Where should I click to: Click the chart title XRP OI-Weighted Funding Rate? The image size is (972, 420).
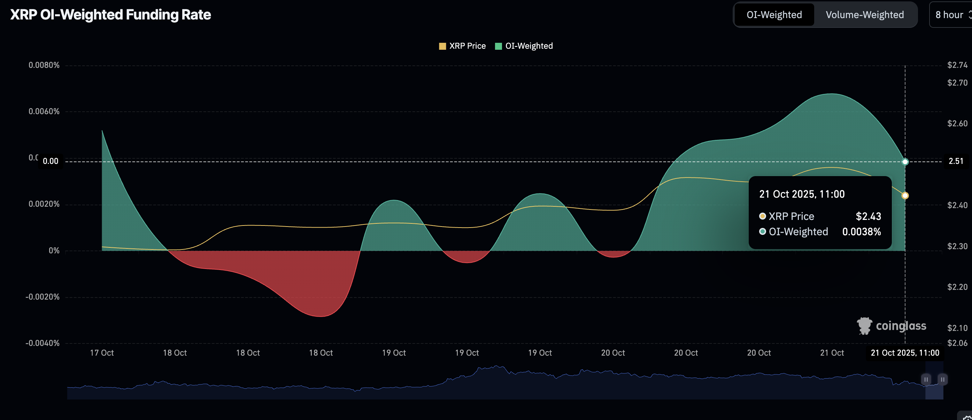[x=110, y=15]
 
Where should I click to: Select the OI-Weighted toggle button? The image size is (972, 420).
[x=774, y=15]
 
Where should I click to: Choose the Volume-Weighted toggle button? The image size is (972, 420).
[x=864, y=15]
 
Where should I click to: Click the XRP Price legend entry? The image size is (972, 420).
[x=462, y=46]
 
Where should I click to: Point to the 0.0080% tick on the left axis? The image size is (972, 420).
[x=44, y=65]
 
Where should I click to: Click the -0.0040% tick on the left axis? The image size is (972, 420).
[x=43, y=343]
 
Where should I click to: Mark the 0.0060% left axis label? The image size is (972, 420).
[x=44, y=112]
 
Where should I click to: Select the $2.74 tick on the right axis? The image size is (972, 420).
[x=957, y=65]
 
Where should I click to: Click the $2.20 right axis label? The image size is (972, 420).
[x=957, y=287]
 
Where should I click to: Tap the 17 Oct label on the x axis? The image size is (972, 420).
[x=102, y=353]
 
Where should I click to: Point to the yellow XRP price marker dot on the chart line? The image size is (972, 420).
[x=905, y=195]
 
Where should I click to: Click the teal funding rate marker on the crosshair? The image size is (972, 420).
[x=905, y=162]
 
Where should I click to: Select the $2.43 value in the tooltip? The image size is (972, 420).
[x=868, y=216]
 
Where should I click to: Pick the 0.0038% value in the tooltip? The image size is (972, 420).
[x=862, y=231]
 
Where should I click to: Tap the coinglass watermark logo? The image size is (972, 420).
[x=891, y=326]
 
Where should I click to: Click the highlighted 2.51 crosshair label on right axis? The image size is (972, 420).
[x=956, y=161]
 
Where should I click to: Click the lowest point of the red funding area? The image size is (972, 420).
[x=321, y=316]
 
